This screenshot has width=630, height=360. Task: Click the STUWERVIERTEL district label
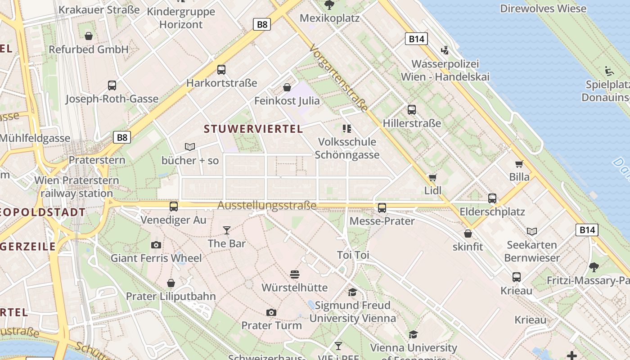pos(253,129)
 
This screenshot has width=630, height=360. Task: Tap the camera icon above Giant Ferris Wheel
pos(156,245)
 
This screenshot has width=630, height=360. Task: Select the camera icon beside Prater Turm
pos(271,312)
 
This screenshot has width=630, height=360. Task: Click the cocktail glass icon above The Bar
pos(226,230)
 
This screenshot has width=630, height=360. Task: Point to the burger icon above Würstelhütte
pos(295,274)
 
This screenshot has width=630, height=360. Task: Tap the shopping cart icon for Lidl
pos(432,178)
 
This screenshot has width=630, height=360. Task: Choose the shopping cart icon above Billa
pos(519,164)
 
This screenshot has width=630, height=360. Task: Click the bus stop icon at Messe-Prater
pos(382,207)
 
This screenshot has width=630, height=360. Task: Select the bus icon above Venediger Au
pos(174,207)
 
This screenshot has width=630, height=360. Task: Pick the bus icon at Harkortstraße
pos(221,70)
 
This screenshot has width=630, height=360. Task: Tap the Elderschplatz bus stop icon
pos(492,198)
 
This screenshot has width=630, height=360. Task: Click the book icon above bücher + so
pos(190,147)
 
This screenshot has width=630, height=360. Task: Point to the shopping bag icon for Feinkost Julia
pos(287,87)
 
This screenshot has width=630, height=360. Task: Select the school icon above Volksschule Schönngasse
pos(346,129)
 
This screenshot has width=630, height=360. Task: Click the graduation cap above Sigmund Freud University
pos(352,292)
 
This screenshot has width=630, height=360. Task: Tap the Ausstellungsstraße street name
pos(267,206)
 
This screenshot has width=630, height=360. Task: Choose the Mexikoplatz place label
pos(329,18)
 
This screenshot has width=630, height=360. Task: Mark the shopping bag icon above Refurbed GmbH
pos(89,36)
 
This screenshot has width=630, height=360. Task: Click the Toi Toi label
pos(353,255)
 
